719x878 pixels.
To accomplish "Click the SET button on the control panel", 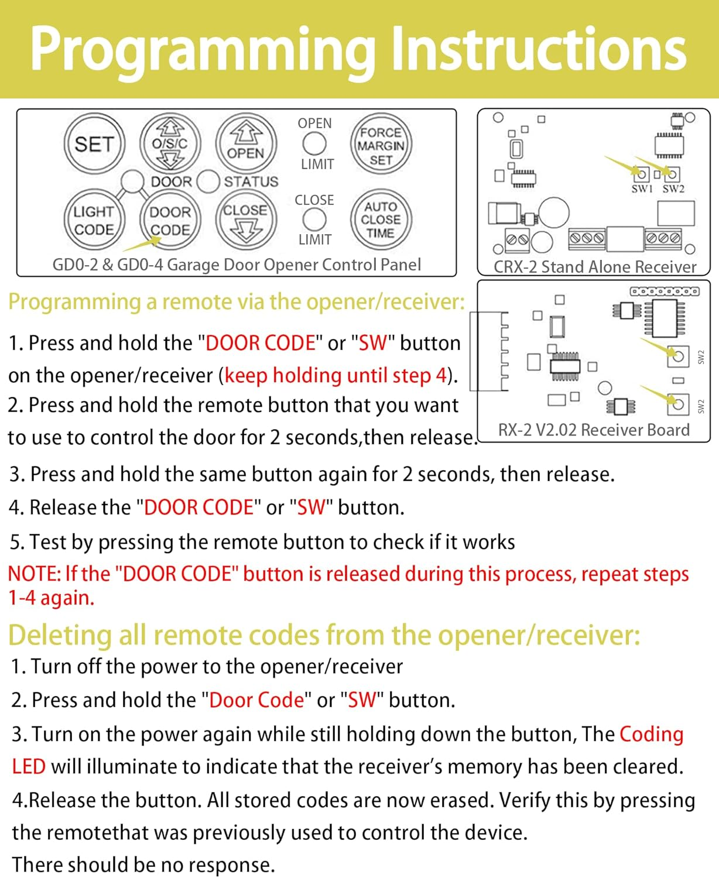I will tap(94, 144).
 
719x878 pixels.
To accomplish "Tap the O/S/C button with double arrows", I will tap(170, 143).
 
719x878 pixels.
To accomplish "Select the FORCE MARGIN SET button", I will tap(381, 145).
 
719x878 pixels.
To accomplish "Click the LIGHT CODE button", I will tap(94, 220).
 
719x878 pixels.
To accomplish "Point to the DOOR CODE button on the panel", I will tap(170, 221).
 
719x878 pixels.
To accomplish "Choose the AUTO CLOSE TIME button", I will tap(381, 220).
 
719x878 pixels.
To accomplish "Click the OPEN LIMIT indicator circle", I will tap(314, 143).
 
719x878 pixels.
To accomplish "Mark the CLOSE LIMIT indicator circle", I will tap(314, 220).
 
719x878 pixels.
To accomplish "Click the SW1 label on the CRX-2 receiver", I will tap(642, 188).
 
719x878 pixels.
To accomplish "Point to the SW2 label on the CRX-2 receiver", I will tap(673, 188).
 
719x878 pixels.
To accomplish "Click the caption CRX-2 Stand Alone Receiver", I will tap(595, 267).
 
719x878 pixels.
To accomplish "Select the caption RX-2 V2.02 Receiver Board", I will tap(594, 430).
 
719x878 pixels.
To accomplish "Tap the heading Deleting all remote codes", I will tap(324, 635).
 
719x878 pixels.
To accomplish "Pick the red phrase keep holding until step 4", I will tap(335, 375).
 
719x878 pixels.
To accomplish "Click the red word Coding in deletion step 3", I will tap(651, 734).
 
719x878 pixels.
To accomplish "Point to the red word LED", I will tap(29, 767).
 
